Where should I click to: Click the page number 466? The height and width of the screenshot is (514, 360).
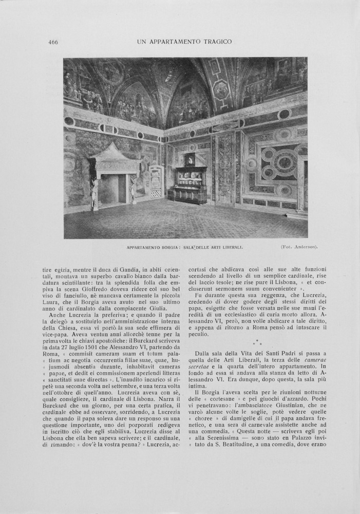tap(53, 42)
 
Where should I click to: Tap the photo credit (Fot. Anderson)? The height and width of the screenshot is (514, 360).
tap(299, 247)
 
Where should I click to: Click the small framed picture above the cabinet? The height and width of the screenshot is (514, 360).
tap(190, 159)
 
